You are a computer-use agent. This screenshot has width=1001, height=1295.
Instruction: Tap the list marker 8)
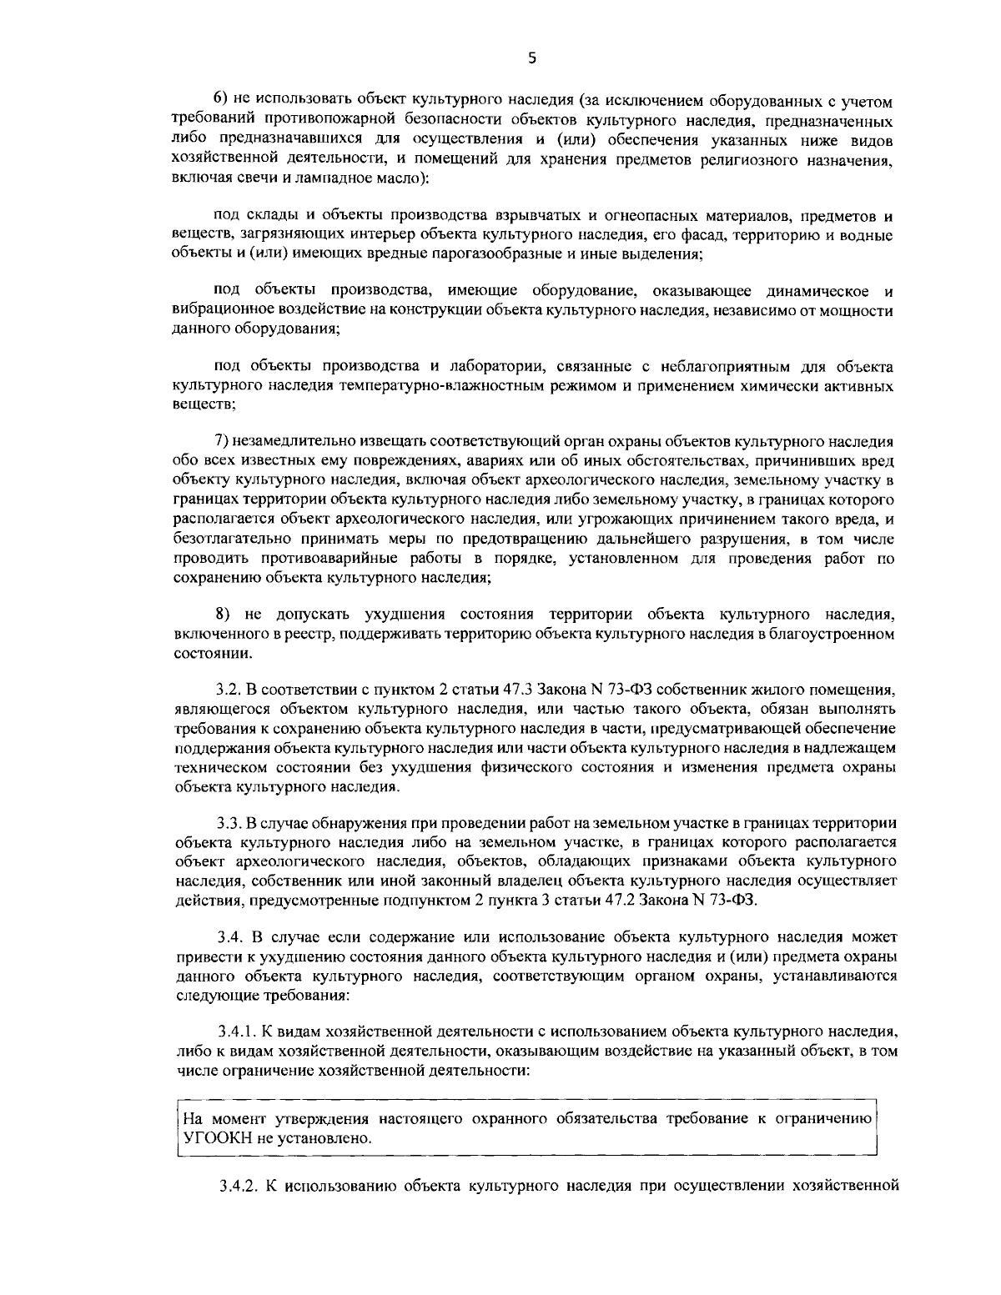(223, 615)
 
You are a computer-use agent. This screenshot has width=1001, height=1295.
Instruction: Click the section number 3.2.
(228, 690)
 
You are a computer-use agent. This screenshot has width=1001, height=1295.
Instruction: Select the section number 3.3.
(228, 823)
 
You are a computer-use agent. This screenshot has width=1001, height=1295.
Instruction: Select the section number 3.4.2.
(234, 1186)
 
